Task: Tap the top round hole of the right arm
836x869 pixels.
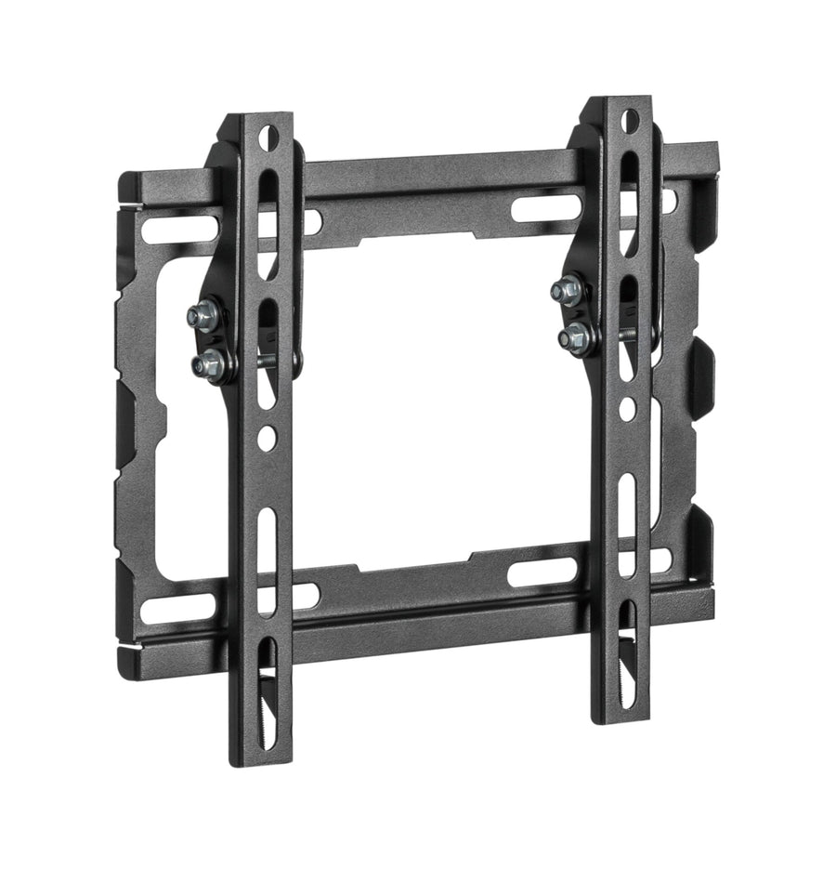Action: point(629,119)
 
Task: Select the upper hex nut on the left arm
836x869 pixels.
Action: point(203,316)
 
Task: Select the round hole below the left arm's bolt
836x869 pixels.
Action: point(268,434)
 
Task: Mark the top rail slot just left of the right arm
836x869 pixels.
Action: point(540,206)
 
